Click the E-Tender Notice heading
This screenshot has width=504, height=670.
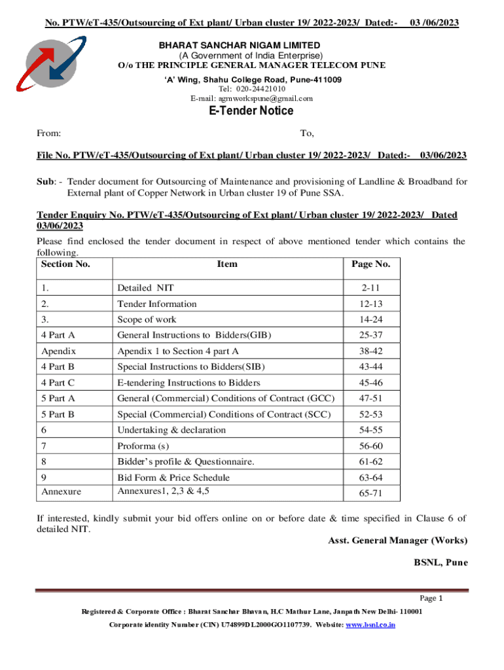tap(251, 111)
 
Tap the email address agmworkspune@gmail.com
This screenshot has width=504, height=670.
tap(251, 99)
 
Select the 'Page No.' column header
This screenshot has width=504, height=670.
tap(370, 264)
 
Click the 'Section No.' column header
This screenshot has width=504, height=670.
tap(65, 264)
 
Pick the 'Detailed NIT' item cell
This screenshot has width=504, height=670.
tap(145, 287)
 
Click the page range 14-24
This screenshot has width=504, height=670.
tap(370, 320)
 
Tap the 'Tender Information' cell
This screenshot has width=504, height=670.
tap(156, 304)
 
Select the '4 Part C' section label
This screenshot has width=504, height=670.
tap(58, 383)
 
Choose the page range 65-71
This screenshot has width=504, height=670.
tap(370, 491)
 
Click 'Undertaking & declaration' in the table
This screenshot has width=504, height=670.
tap(171, 430)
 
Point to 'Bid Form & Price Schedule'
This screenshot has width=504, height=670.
tap(173, 478)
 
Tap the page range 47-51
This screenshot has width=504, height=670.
tap(370, 398)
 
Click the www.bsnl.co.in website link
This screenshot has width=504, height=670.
tap(370, 626)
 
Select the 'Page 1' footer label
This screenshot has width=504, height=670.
tap(431, 598)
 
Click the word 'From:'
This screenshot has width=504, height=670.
tap(49, 133)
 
